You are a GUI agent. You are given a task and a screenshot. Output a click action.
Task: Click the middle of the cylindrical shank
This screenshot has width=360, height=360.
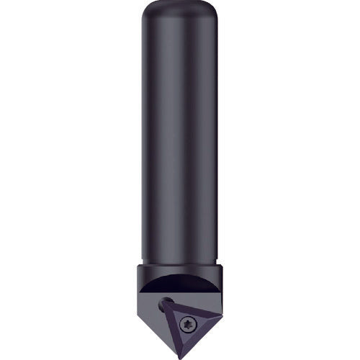click(x=180, y=144)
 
